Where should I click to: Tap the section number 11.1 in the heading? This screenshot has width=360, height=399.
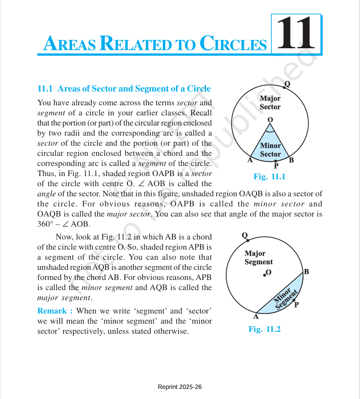pos(46,89)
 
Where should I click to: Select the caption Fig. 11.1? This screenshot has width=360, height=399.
pos(269,177)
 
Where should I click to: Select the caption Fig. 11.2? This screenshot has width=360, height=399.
pos(264,329)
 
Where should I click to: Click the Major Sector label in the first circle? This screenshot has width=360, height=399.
pos(270,103)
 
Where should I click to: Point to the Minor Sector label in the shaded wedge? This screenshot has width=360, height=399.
pos(270,150)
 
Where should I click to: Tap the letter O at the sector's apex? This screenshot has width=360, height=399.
pos(270,119)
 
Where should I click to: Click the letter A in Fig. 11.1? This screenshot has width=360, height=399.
pos(250,160)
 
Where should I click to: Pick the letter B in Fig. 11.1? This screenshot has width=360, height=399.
pos(291,160)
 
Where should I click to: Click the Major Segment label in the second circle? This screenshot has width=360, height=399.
pos(258,257)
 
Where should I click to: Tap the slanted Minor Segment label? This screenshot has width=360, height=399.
pos(286,298)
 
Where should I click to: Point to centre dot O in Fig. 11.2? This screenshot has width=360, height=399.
pos(265,275)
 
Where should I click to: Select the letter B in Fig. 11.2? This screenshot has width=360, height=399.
pos(306,272)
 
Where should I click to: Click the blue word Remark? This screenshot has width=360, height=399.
pos(55,311)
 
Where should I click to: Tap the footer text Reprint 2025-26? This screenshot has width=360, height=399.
pos(180,387)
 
